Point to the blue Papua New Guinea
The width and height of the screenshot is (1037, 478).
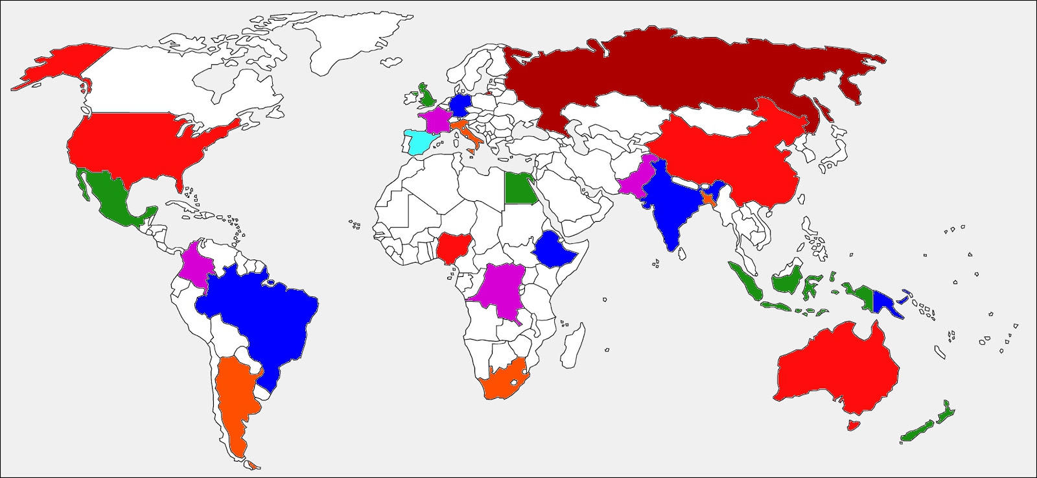pyautogui.click(x=885, y=302)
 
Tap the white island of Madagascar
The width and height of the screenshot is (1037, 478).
pyautogui.click(x=570, y=341)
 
